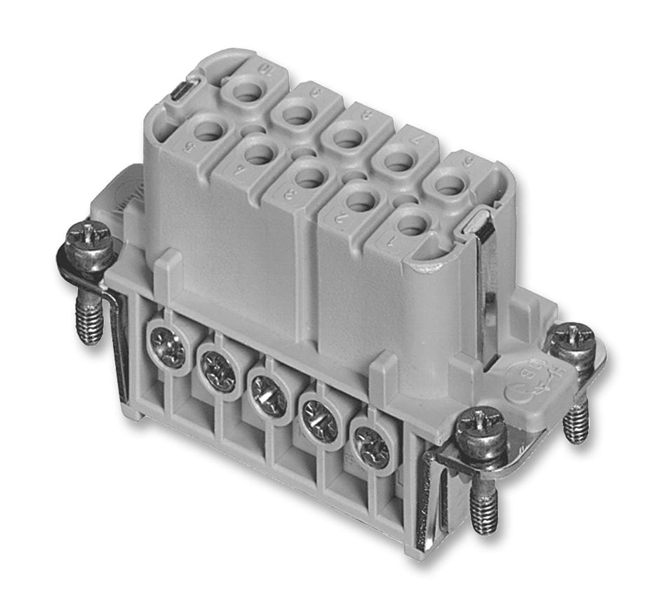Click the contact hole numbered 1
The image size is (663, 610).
click(412, 225)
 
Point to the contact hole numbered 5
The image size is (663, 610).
click(209, 131)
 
